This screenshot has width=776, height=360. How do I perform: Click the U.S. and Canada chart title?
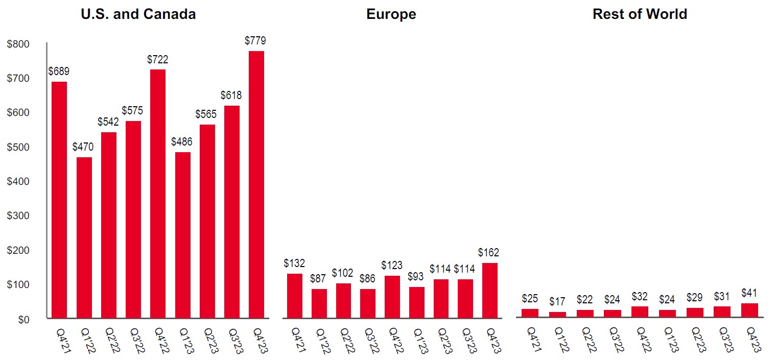[x=138, y=14]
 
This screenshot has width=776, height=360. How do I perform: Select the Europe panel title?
[x=391, y=14]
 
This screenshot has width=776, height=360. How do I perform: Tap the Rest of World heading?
[x=640, y=14]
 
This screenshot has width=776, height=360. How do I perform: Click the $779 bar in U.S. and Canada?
[x=256, y=184]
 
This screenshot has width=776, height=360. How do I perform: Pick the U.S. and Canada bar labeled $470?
[x=84, y=237]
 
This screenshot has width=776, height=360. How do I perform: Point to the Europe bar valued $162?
[x=489, y=290]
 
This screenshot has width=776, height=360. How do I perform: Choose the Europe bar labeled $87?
[x=319, y=303]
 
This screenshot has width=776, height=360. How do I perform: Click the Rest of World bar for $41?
[x=749, y=310]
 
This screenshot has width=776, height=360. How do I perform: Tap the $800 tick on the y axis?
[x=18, y=44]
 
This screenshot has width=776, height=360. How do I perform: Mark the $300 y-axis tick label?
[x=18, y=216]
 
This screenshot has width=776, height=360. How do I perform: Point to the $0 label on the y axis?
[x=23, y=320]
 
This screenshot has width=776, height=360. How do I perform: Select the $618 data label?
[x=231, y=95]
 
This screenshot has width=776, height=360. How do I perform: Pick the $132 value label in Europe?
[x=294, y=263]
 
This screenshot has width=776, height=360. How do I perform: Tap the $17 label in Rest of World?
[x=557, y=302]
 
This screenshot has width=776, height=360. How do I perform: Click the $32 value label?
[x=640, y=296]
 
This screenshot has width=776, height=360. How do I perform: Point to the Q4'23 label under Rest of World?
[x=751, y=340]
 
